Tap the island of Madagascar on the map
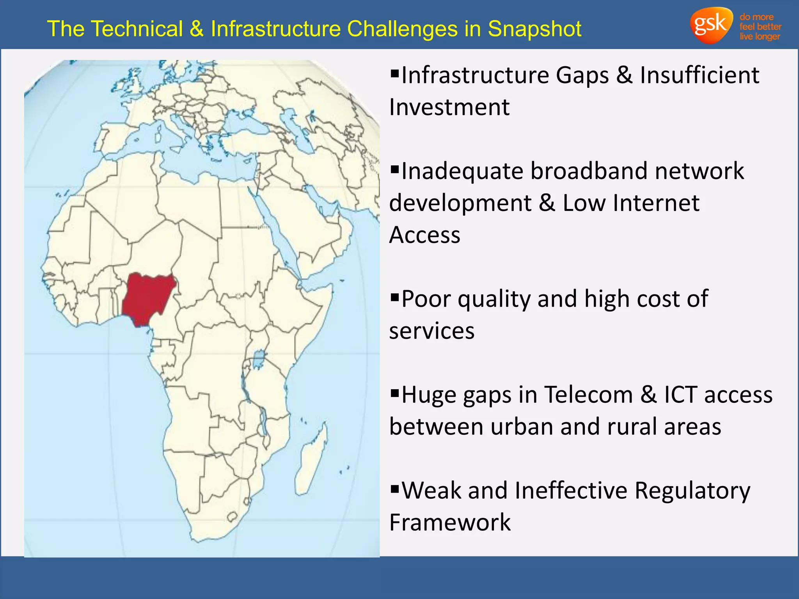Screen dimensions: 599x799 coord(312,460)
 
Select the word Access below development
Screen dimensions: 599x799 coord(425,235)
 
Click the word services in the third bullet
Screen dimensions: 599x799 coord(432,331)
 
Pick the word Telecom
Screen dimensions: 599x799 coord(588,395)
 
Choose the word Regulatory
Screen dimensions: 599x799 coord(692,491)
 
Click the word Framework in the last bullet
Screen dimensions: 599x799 coord(450,523)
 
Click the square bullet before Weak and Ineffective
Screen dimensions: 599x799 coord(395,489)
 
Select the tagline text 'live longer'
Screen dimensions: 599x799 coord(760,37)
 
